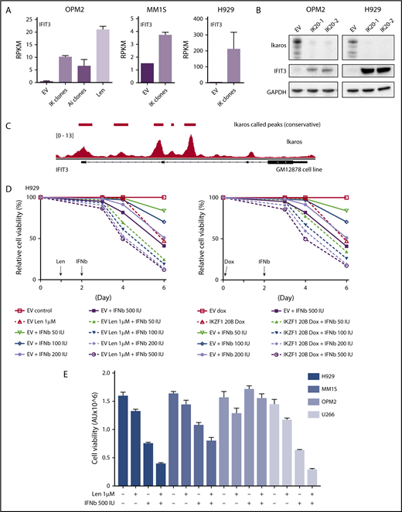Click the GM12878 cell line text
pyautogui.click(x=315, y=168)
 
